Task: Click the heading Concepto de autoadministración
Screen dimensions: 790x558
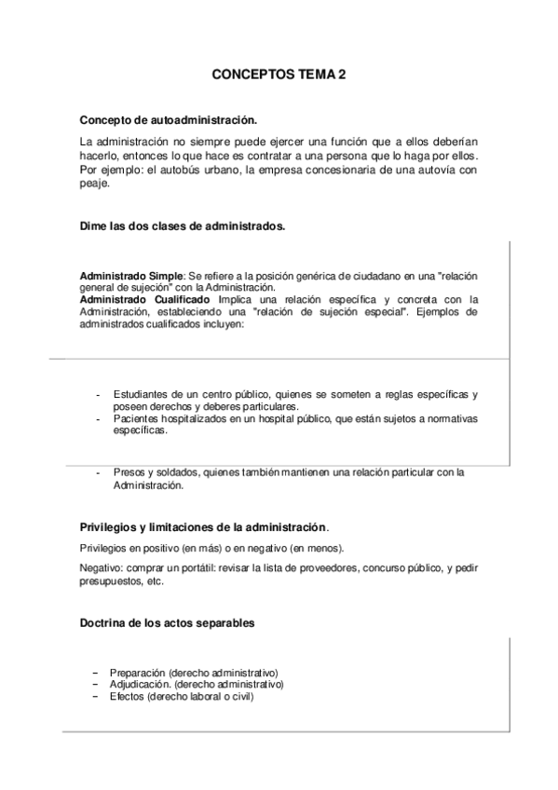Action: click(168, 120)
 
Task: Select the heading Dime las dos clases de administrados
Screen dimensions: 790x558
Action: click(183, 226)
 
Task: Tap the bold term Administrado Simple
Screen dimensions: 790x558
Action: click(132, 278)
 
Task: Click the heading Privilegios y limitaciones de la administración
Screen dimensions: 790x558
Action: click(203, 527)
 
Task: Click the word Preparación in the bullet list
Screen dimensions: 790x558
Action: click(139, 673)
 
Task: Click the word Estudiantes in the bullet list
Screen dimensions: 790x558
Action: click(139, 395)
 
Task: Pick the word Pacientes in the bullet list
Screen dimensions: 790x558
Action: click(136, 419)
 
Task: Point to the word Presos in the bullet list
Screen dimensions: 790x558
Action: click(129, 472)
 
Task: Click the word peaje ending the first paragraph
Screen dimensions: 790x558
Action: click(95, 184)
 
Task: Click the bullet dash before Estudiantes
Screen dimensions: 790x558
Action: click(98, 395)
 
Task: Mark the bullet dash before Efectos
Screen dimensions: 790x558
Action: click(95, 696)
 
